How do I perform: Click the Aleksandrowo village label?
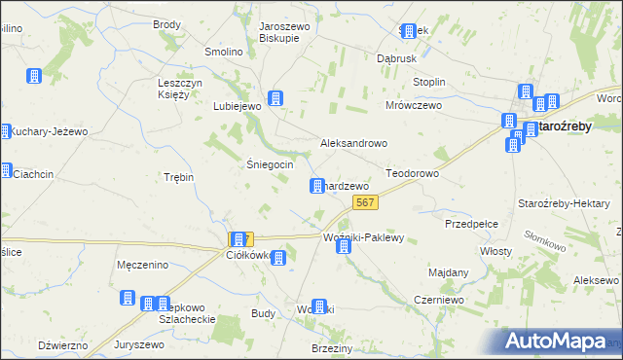tap(354, 143)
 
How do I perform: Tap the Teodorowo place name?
tap(413, 172)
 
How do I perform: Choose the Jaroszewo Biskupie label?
tap(284, 33)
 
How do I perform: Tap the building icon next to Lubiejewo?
tap(276, 98)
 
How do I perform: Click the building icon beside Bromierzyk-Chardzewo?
tap(317, 186)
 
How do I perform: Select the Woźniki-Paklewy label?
tap(362, 237)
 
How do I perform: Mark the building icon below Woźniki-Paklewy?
tap(344, 248)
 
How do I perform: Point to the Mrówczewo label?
tap(414, 105)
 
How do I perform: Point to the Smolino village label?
tap(223, 53)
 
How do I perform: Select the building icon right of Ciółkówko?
tap(278, 258)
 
